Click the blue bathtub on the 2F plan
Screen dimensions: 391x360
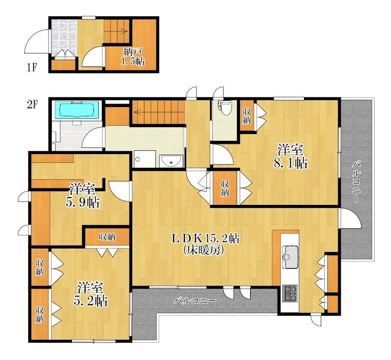click(x=77, y=110)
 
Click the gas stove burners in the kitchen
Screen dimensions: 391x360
click(x=290, y=293)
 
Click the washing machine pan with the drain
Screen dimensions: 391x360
click(x=145, y=158)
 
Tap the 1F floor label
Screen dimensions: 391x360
click(x=32, y=67)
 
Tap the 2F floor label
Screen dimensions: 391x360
click(x=32, y=105)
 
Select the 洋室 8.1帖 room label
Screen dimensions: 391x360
click(x=290, y=157)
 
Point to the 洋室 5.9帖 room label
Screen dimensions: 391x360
click(x=83, y=196)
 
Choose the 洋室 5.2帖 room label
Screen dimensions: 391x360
click(x=90, y=294)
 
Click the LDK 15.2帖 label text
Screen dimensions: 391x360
click(x=205, y=239)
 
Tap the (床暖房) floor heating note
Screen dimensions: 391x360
click(x=203, y=250)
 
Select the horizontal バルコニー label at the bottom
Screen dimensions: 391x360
click(x=195, y=301)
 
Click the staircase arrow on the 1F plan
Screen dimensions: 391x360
click(x=116, y=31)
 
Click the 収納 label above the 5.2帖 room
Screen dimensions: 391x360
click(x=107, y=237)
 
